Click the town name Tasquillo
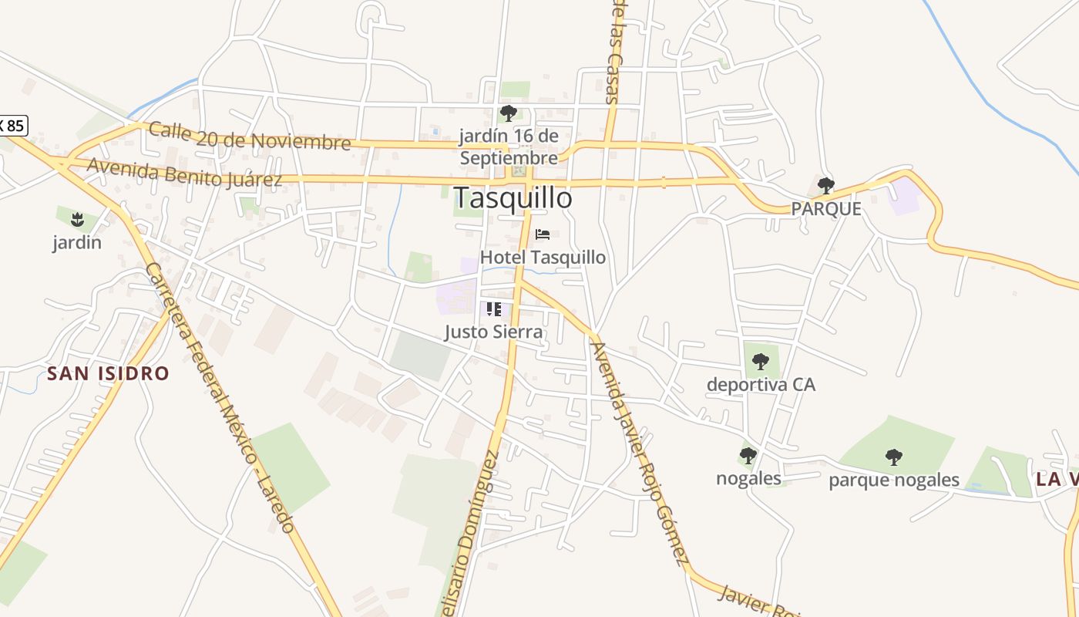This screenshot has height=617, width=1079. (x=513, y=198)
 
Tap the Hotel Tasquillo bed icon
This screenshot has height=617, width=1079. (x=543, y=234)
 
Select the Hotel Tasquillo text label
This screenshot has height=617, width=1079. (x=543, y=257)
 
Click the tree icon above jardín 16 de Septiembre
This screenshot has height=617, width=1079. (x=508, y=113)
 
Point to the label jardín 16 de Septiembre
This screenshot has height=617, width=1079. (x=508, y=147)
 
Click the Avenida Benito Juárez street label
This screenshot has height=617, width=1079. (x=184, y=173)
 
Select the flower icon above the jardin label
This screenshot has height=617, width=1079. (x=77, y=219)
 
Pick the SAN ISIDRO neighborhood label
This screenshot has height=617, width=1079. (x=108, y=374)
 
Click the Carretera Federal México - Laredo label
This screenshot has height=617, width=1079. (x=220, y=397)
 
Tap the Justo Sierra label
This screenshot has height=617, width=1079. (x=494, y=332)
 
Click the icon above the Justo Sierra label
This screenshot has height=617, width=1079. (x=494, y=309)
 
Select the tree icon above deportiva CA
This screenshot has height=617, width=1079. (x=761, y=360)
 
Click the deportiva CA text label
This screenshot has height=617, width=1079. (x=761, y=384)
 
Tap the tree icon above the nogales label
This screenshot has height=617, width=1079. (x=748, y=455)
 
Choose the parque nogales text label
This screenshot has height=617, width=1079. (x=894, y=480)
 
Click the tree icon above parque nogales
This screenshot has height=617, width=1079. (x=894, y=457)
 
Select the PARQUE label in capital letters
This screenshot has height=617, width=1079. (x=826, y=209)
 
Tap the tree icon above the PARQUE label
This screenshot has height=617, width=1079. (x=826, y=185)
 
